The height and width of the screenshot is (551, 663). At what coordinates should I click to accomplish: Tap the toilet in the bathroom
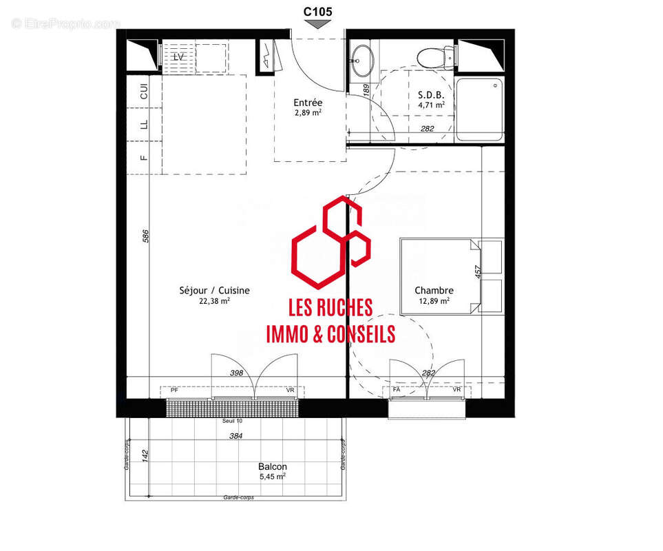coord(432,56)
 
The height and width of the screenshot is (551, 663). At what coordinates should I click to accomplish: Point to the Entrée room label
coord(308,103)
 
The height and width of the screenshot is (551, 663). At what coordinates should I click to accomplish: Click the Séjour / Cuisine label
coord(214,291)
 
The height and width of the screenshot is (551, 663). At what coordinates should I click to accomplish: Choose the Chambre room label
coord(434,291)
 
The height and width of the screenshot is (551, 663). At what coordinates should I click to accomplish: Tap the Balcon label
coord(273,466)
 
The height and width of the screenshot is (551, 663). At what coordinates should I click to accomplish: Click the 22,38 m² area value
coord(214,301)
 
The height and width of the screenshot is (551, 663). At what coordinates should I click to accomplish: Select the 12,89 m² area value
coord(434,301)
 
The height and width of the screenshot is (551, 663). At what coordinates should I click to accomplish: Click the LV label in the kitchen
coord(178,57)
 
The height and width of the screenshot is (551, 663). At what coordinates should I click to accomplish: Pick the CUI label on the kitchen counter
coord(144,92)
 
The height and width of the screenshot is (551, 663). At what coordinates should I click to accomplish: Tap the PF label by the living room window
coord(174,391)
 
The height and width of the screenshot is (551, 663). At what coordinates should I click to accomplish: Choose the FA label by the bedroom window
coord(397,390)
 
